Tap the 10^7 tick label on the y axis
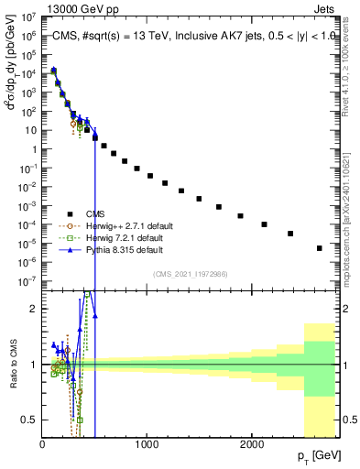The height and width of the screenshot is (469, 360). click(x=27, y=16)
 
